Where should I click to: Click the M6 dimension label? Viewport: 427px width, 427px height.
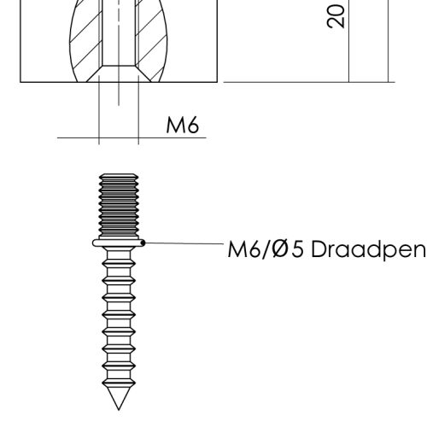(x=183, y=125)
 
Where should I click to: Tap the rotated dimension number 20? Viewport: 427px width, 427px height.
(x=336, y=16)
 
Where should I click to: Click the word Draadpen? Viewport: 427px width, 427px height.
(x=368, y=249)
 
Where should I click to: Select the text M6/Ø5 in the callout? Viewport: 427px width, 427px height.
(x=266, y=249)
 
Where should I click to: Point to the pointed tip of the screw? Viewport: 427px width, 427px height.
(x=119, y=410)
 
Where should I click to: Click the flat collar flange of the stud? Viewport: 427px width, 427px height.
(x=119, y=243)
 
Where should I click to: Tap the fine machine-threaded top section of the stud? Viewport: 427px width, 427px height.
(x=119, y=206)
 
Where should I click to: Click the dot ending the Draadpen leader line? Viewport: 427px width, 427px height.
(x=143, y=243)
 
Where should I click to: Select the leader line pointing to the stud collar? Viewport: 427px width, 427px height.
(x=184, y=243)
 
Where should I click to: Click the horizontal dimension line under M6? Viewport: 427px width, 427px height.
(x=132, y=137)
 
